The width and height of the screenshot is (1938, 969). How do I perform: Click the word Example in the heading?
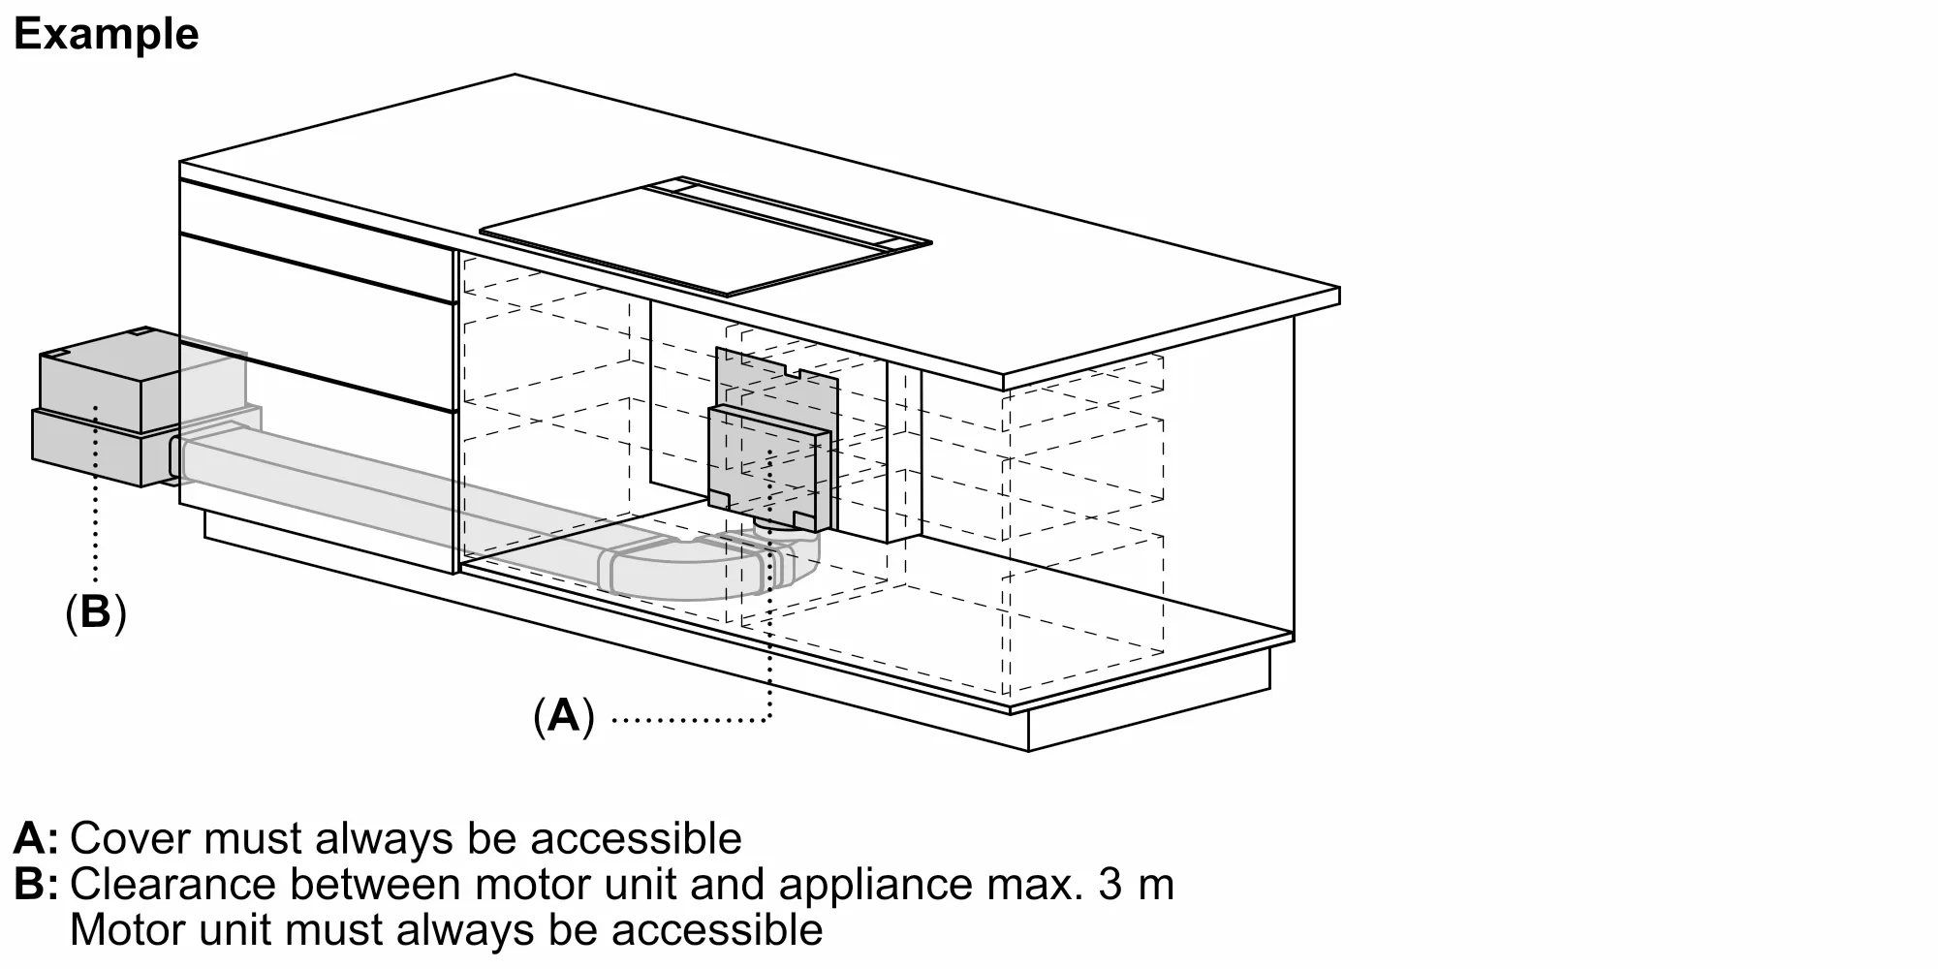coord(106,35)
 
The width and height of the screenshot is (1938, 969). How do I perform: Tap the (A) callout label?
coord(563,716)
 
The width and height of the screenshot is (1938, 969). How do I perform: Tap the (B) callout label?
coord(95,612)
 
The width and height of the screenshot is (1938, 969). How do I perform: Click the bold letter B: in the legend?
coord(36,885)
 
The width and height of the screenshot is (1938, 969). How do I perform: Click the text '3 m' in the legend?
coord(1136,885)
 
